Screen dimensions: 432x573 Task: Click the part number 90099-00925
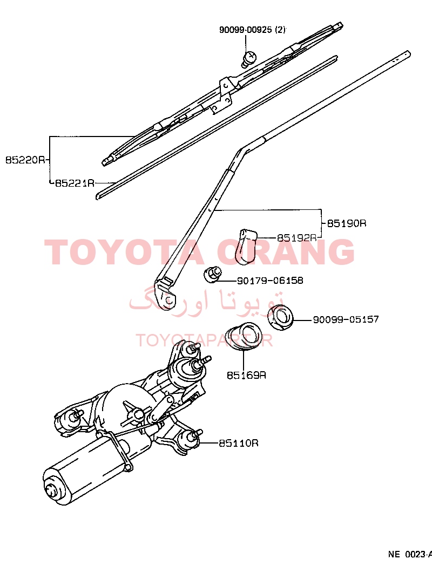(x=246, y=30)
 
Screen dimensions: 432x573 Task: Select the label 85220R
(x=25, y=160)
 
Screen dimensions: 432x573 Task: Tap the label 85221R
(x=75, y=183)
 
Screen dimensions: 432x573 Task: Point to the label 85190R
(x=346, y=223)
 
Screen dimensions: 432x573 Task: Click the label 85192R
(x=296, y=238)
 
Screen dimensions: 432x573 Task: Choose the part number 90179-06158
(x=270, y=281)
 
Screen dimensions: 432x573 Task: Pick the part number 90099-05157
(x=346, y=319)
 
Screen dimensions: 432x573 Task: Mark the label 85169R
(x=246, y=376)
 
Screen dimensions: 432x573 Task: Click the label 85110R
(x=239, y=443)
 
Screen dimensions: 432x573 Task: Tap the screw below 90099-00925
(x=249, y=59)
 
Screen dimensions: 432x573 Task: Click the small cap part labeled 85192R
(x=245, y=247)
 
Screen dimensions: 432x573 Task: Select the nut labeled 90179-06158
(x=212, y=275)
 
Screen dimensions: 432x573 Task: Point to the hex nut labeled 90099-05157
(x=281, y=317)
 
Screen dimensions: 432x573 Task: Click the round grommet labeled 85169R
(x=243, y=336)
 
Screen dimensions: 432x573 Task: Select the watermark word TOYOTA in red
(x=124, y=252)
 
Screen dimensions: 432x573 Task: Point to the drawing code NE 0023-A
(x=410, y=554)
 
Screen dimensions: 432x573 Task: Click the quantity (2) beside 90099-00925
(x=280, y=30)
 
